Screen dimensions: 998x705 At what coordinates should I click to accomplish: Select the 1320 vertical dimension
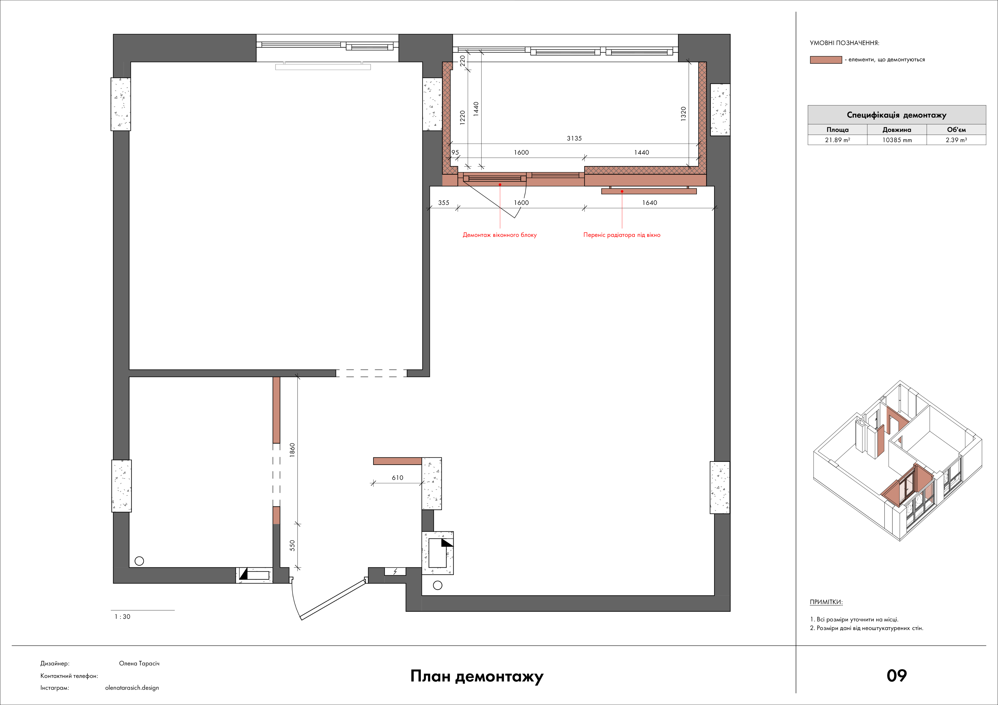(x=683, y=114)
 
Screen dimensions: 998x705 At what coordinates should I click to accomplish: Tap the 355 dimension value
(x=443, y=203)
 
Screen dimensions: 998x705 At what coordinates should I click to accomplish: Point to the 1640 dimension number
(x=649, y=203)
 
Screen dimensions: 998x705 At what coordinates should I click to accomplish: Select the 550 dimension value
(x=292, y=546)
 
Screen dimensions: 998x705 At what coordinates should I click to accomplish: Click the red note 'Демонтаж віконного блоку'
(x=499, y=235)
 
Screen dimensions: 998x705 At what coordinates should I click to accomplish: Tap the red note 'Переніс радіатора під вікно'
(x=622, y=235)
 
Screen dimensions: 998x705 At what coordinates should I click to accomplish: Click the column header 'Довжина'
(x=897, y=130)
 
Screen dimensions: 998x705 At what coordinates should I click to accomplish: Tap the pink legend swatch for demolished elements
(x=826, y=60)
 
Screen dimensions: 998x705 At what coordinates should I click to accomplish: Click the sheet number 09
(x=896, y=676)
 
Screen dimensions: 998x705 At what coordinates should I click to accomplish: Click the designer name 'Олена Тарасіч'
(x=139, y=664)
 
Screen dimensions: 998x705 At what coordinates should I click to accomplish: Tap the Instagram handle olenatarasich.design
(x=132, y=688)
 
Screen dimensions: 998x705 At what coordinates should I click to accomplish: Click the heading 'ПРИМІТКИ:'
(x=826, y=602)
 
